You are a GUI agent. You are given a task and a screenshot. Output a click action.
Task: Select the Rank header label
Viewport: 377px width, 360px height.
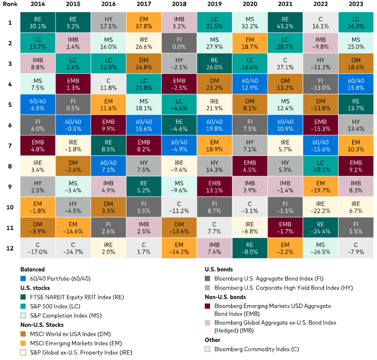[9, 4]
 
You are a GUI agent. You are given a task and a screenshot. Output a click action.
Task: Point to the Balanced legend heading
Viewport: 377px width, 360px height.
[33, 269]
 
